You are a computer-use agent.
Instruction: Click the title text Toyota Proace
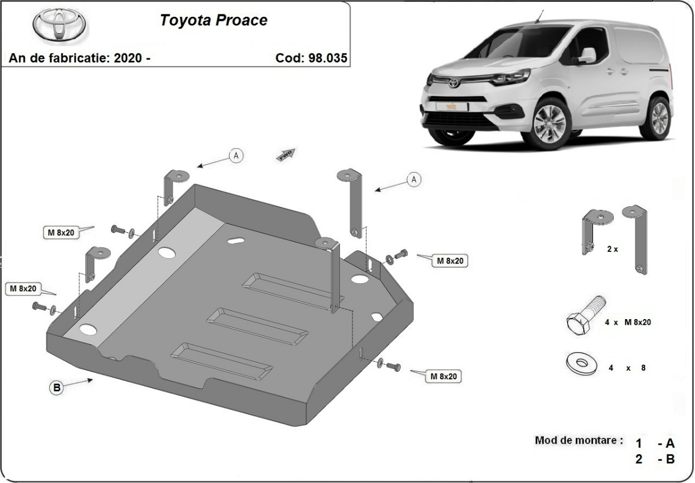213,20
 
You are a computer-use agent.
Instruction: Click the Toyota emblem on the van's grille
452,83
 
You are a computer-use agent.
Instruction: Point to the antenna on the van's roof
542,16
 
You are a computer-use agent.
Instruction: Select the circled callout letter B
57,389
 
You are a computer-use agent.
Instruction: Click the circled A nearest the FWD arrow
236,155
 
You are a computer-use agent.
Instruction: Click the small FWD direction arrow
287,154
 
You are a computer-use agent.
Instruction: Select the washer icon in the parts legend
582,363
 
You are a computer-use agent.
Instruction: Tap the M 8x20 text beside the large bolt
637,322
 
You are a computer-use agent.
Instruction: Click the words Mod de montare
579,440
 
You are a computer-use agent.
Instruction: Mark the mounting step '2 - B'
655,460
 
